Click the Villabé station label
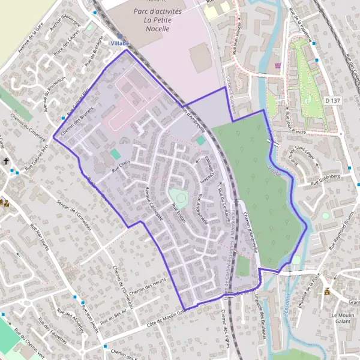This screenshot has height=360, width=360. (119, 44)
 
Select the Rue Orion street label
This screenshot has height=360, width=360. (120, 166)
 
